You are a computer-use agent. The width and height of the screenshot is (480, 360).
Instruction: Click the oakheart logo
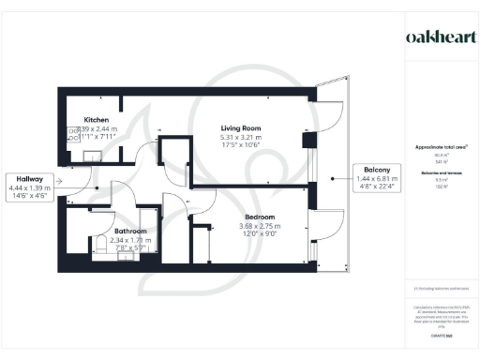coord(439,36)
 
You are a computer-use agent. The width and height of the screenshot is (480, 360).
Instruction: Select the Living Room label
coord(240,127)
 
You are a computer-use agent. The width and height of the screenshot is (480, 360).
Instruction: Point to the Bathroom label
coord(130,231)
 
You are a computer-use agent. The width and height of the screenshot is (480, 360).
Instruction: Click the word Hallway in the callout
coord(27,178)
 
